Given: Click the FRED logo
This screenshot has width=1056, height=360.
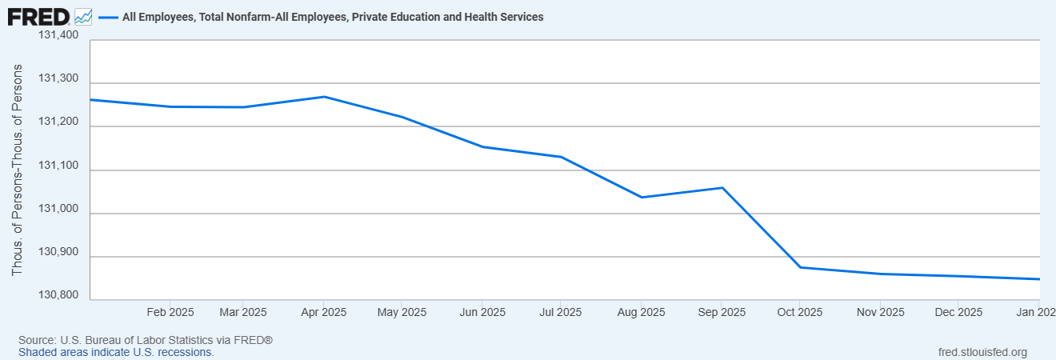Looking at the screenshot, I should click(38, 16).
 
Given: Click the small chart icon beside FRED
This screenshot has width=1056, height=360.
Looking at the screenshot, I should click(83, 16).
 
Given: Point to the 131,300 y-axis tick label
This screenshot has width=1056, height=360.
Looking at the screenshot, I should click(58, 78).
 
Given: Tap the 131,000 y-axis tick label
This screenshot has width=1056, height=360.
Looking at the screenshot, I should click(58, 209).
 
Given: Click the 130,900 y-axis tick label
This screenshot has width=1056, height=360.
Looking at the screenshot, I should click(58, 252).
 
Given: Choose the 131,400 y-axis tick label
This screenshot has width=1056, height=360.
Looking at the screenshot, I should click(58, 35).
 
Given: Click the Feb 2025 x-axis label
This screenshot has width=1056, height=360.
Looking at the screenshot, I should click(170, 312).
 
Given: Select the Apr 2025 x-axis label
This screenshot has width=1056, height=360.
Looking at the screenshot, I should click(322, 312).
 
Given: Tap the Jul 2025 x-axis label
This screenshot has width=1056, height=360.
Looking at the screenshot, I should click(558, 312).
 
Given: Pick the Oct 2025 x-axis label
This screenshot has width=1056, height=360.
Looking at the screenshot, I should click(799, 312).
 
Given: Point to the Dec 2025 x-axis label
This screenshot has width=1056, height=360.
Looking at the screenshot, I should click(958, 312).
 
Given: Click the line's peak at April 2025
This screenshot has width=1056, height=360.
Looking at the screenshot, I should click(323, 97).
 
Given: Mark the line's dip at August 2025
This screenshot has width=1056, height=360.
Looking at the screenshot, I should click(642, 197).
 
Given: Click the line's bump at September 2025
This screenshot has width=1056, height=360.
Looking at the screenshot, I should click(722, 188).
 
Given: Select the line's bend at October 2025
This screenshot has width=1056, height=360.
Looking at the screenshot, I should click(800, 267).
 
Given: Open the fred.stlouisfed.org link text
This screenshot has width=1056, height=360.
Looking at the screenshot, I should click(982, 352).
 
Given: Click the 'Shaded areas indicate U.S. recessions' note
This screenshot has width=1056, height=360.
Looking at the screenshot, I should click(116, 352).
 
